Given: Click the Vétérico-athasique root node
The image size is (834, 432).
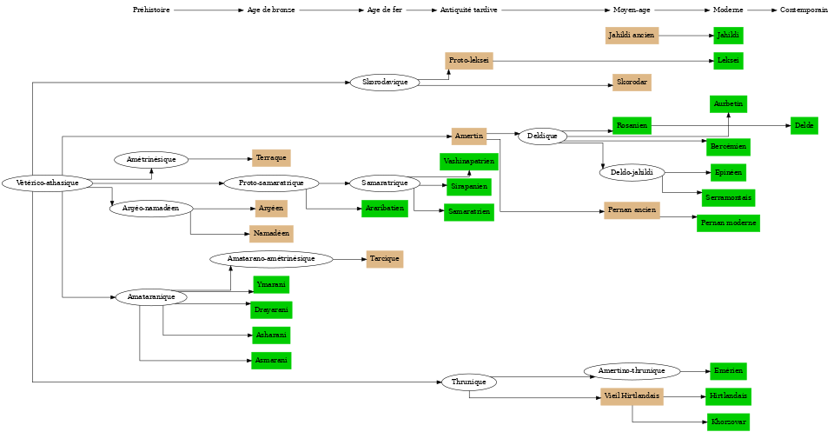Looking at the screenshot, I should click(47, 183).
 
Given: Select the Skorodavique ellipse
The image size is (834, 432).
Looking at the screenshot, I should click(385, 83).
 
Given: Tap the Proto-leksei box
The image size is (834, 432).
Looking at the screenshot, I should click(469, 61).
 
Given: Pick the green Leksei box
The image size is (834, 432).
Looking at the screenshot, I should click(728, 61).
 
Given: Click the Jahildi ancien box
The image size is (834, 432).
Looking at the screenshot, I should click(632, 36).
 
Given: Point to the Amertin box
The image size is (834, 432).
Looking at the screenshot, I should click(469, 136).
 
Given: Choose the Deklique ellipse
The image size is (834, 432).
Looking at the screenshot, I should click(542, 136).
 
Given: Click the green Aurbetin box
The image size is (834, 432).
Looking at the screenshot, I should click(728, 104).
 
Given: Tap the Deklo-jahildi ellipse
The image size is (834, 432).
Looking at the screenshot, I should click(632, 173).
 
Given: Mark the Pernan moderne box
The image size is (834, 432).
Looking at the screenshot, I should click(728, 223).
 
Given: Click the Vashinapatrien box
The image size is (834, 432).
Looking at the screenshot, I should click(469, 162).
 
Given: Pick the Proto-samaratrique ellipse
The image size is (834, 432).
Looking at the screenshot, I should click(271, 183).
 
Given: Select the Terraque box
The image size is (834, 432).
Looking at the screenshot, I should click(271, 158).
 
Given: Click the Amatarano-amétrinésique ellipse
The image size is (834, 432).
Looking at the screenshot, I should click(271, 259).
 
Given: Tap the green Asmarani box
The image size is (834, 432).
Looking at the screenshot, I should click(271, 360).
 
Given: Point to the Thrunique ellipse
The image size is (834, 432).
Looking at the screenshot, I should click(469, 382).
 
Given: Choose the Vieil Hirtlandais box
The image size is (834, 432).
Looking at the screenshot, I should click(632, 396).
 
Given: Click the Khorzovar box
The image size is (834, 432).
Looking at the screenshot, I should click(728, 422).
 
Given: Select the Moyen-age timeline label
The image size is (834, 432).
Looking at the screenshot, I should click(632, 10).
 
